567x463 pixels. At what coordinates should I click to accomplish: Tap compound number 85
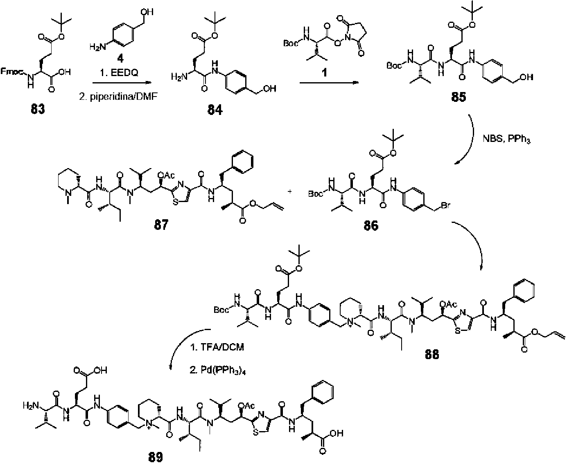(457, 98)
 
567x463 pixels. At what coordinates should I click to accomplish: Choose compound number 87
(160, 224)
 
